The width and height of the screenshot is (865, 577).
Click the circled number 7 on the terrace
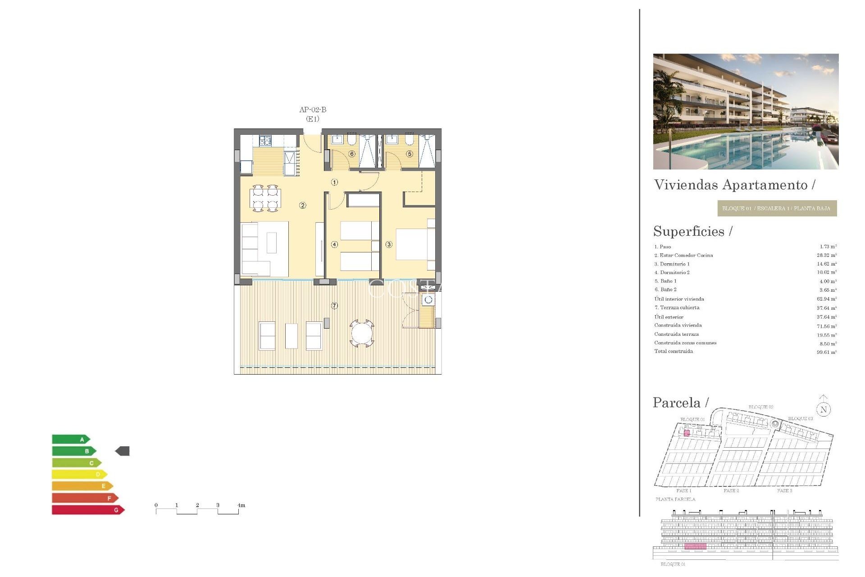coord(334,306)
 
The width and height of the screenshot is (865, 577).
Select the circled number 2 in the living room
coord(303,206)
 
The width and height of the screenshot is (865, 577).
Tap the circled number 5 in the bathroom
coord(410,154)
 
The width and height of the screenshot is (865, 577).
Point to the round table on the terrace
coord(362,334)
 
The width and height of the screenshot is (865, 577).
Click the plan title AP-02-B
coord(313,110)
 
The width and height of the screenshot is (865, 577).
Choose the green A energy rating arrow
coord(71,439)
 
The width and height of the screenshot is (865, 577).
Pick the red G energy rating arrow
coord(88,510)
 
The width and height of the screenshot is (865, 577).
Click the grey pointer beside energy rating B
coord(123,451)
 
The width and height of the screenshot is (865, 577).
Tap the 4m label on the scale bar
coord(241,505)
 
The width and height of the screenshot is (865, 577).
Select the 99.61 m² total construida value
coord(826,352)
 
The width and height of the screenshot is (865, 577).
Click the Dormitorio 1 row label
coord(672,264)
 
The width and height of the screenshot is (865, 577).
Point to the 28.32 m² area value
coord(826,255)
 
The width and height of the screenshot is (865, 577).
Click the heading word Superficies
coord(689,231)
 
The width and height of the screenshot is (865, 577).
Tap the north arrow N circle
coord(824,409)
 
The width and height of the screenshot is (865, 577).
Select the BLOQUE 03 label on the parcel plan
coord(800,419)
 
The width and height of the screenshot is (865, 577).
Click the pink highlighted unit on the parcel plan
coord(687,433)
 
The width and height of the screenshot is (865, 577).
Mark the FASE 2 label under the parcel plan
coord(731,490)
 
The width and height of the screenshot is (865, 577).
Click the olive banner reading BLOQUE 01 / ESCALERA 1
coord(777,208)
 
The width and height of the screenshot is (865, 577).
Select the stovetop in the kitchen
coord(265,141)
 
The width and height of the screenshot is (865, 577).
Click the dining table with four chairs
coord(265,198)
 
